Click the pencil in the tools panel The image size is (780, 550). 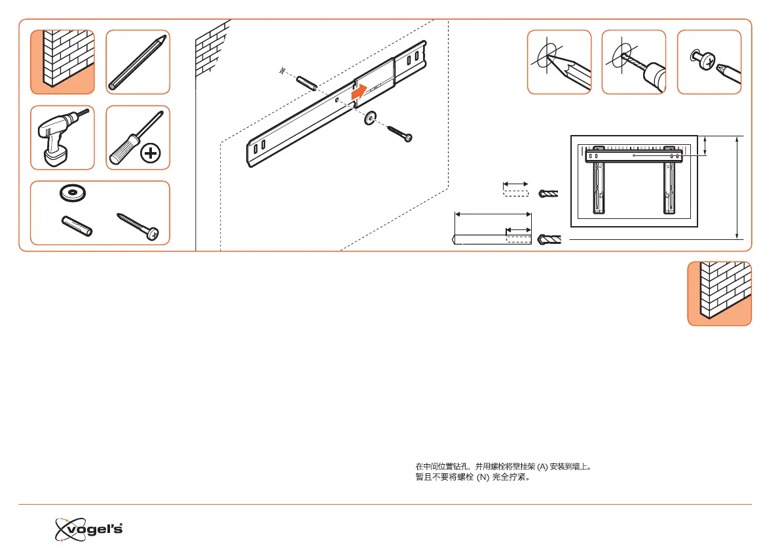pos(138,62)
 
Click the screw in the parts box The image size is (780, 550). pos(138,224)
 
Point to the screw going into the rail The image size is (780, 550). pos(399,132)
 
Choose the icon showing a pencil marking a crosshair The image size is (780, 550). pos(559,62)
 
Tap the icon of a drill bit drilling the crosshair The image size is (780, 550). pos(633,62)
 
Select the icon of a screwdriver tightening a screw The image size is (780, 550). pos(709,62)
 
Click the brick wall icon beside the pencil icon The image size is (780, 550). pos(62,62)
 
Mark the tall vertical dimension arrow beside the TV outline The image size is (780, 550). pos(738,187)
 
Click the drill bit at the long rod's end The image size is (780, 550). pos(549,240)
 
